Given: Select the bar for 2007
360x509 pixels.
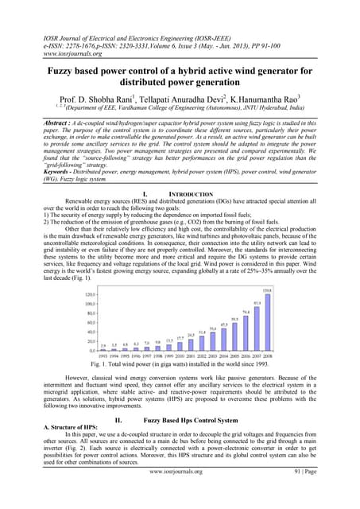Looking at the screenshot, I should (257, 329).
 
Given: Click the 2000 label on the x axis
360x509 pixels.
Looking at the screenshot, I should (180, 356).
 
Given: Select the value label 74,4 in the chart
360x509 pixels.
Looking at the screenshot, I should (246, 313).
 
